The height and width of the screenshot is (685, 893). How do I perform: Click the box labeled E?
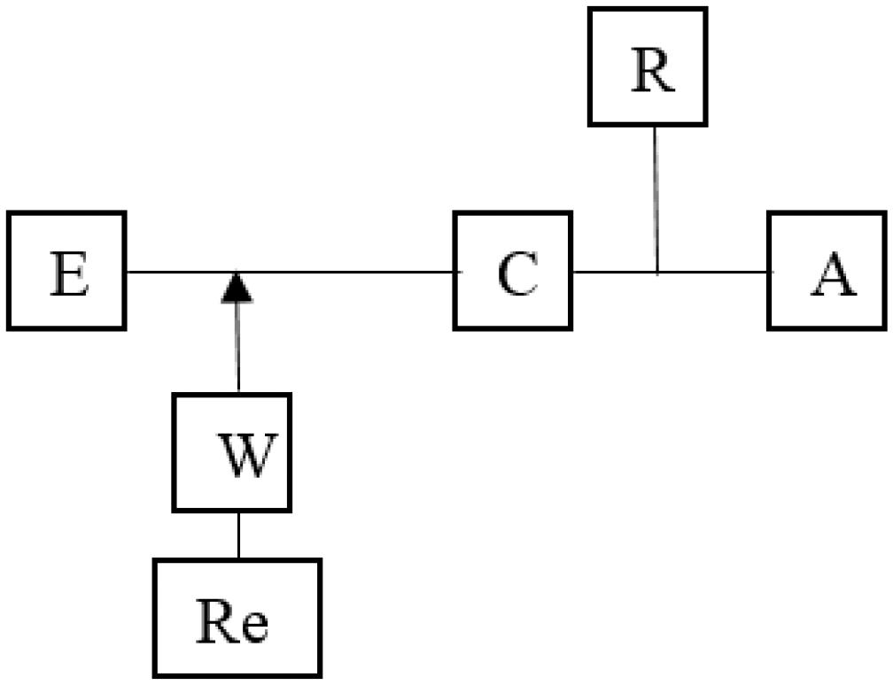click(66, 271)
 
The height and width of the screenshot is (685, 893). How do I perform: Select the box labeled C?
click(513, 271)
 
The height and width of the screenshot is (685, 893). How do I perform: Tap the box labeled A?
click(827, 271)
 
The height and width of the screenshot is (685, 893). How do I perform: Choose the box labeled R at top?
click(648, 66)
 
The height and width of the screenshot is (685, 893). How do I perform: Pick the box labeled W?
click(232, 451)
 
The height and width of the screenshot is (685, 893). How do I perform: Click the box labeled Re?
click(237, 618)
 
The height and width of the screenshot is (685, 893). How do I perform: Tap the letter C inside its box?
click(517, 277)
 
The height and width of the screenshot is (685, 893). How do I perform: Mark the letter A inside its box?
click(834, 277)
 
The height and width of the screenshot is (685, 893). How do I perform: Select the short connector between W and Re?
click(237, 535)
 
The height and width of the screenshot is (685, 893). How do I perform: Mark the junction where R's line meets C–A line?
click(656, 272)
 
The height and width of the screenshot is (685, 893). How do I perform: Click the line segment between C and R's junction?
click(614, 272)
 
